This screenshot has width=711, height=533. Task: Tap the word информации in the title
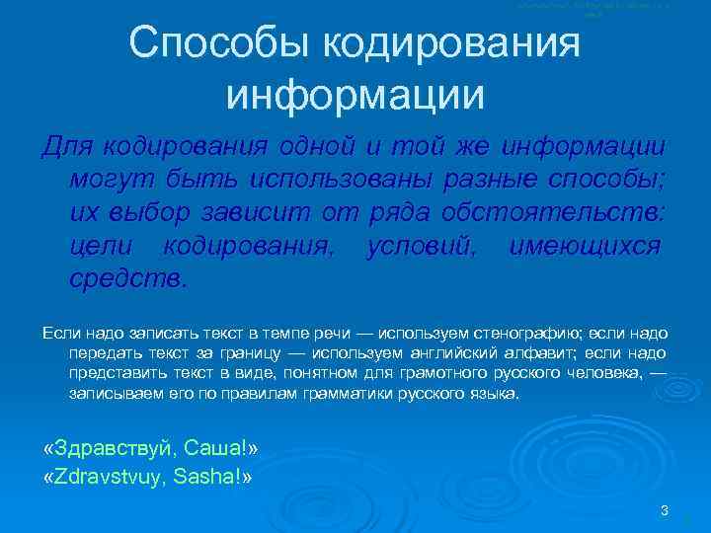coord(355,95)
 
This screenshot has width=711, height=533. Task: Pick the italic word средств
coord(126,278)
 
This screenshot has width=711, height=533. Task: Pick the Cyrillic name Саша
coord(214,450)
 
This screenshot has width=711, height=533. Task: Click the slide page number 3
coord(665,510)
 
